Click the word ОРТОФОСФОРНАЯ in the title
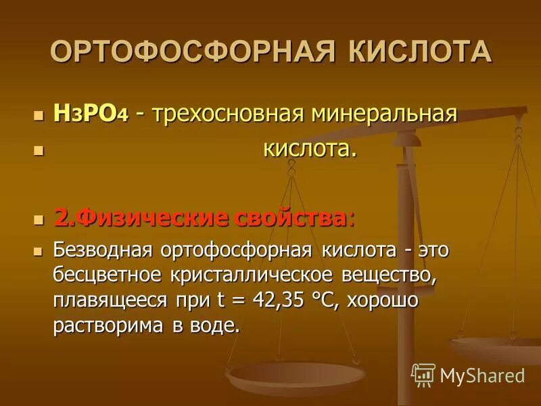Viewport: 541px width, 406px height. pos(181,52)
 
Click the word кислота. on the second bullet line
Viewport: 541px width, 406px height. pos(310,150)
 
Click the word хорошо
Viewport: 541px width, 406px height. pos(383,301)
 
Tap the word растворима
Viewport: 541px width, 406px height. pos(108,325)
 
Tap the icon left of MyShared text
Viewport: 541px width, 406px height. pos(423,374)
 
